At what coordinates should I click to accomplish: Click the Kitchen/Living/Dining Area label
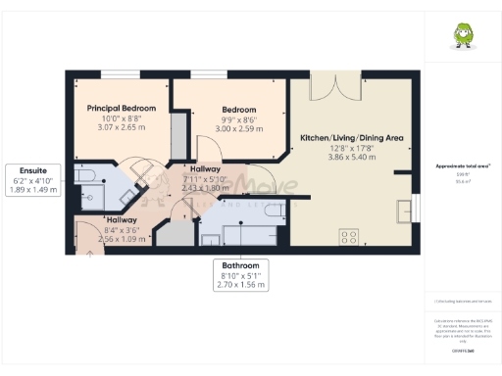351,139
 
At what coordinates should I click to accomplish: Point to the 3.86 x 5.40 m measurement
351,158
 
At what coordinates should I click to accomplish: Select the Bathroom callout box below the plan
240,272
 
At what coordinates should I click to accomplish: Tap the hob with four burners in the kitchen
348,236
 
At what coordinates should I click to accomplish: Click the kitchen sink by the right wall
404,208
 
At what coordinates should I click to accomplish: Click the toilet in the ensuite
82,177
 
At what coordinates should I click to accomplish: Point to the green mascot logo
461,36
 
